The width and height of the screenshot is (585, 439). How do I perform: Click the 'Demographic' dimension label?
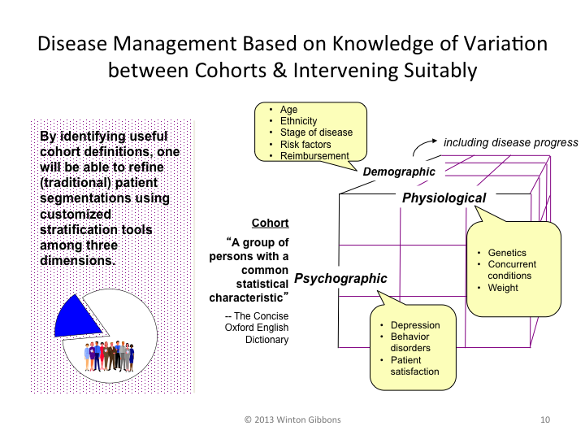coord(399,172)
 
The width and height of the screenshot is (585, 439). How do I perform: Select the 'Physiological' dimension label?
coord(444,198)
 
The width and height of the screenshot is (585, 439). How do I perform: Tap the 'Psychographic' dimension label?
coord(340,279)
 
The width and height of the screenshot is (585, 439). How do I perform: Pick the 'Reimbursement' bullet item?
coord(314,156)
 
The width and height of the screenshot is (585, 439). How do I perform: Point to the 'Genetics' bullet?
coord(508,253)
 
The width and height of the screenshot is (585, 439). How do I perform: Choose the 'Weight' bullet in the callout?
coord(504,287)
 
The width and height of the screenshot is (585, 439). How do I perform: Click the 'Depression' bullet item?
coord(415,325)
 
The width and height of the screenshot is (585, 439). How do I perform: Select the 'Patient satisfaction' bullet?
coord(415,366)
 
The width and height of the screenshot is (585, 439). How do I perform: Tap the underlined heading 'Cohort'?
coord(270,223)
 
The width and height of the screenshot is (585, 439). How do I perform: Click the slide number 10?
coord(544,419)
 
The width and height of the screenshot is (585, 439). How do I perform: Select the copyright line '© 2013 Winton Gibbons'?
coord(291,419)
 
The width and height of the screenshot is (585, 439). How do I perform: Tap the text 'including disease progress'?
coord(511,142)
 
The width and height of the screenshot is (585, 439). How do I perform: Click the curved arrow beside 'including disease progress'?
coord(420,148)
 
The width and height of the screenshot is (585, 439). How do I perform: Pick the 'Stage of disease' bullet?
coord(316,133)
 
